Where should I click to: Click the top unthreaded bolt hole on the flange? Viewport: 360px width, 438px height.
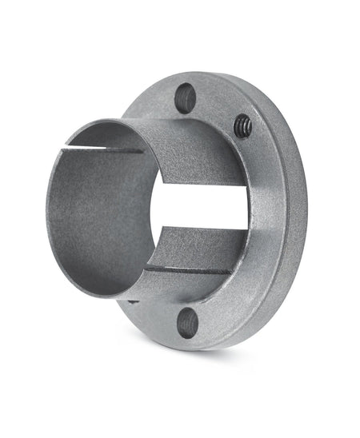185,97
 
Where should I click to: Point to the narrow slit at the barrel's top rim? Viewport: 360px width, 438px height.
112,145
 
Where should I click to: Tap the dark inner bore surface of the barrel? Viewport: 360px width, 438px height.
96,216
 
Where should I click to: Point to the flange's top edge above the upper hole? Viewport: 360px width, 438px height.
192,76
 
